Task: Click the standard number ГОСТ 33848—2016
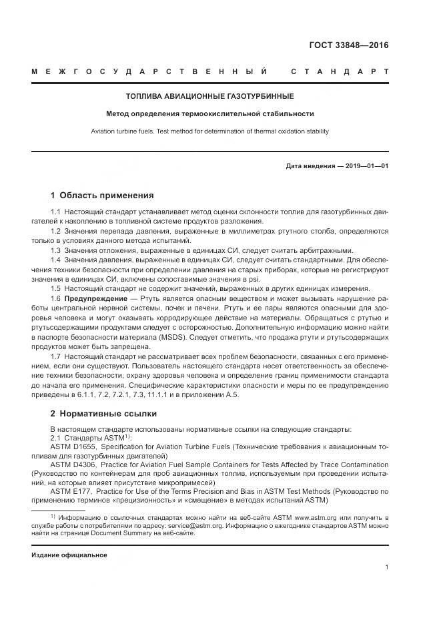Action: (348, 45)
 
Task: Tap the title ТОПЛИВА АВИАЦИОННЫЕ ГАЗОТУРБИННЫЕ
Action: (220, 97)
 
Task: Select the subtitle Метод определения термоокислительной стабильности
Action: (220, 114)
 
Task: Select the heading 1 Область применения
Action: (102, 196)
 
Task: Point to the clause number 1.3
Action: (56, 250)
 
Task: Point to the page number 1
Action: (386, 567)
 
